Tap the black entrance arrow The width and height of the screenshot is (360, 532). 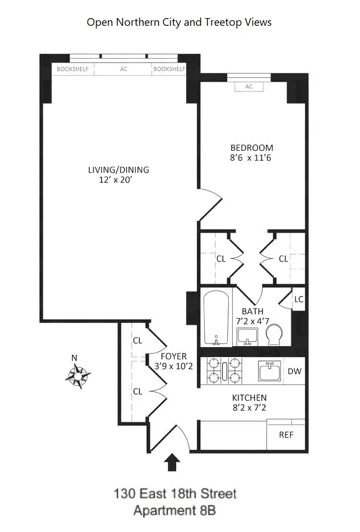(173, 462)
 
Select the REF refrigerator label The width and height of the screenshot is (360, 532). (286, 435)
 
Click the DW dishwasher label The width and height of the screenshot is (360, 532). (295, 371)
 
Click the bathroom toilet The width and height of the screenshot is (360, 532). (274, 334)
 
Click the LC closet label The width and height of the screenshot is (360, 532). (299, 299)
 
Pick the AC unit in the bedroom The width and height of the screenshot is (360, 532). (249, 86)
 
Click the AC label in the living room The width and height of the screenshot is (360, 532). (123, 69)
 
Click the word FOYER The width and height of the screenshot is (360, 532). (173, 356)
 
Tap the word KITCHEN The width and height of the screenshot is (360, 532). (249, 398)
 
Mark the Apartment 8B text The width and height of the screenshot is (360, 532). (175, 511)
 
